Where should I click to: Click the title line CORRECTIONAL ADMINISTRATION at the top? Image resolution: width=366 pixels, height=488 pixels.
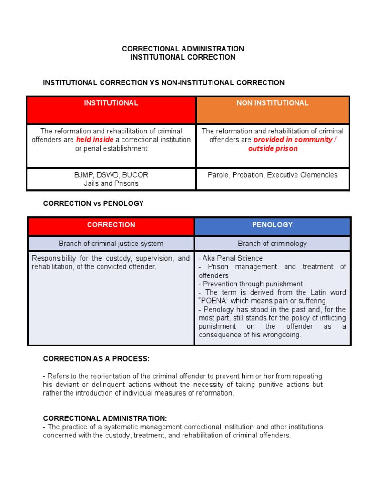[183, 49]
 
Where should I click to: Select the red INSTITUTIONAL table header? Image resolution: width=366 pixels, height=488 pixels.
[111, 103]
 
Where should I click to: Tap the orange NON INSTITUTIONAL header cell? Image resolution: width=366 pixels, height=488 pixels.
[273, 103]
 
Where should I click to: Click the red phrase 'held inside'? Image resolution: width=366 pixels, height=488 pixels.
[95, 140]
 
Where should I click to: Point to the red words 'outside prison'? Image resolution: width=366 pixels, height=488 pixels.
[273, 148]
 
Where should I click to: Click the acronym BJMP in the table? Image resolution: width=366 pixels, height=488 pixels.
[83, 175]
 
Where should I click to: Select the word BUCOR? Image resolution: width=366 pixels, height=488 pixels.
[135, 175]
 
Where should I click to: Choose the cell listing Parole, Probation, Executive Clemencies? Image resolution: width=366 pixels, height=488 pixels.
[273, 175]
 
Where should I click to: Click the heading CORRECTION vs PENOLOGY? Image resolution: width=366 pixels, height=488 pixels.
[93, 203]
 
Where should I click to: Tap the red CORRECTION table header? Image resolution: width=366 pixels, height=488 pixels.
[111, 225]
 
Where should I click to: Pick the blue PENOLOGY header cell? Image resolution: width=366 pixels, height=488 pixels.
[272, 224]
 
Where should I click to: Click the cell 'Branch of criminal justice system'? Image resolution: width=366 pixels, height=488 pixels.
[111, 244]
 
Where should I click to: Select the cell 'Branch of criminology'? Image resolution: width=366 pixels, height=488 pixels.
[272, 244]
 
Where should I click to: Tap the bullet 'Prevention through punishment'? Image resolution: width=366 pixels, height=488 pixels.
[251, 284]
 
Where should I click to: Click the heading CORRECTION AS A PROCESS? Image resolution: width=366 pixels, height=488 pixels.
[96, 358]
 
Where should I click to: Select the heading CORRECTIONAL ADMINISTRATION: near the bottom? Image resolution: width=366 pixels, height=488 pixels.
[105, 418]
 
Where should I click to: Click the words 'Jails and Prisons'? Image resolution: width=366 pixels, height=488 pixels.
[111, 183]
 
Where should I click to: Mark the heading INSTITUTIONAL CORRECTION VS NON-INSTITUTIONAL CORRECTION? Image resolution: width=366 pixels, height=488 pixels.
[164, 83]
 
